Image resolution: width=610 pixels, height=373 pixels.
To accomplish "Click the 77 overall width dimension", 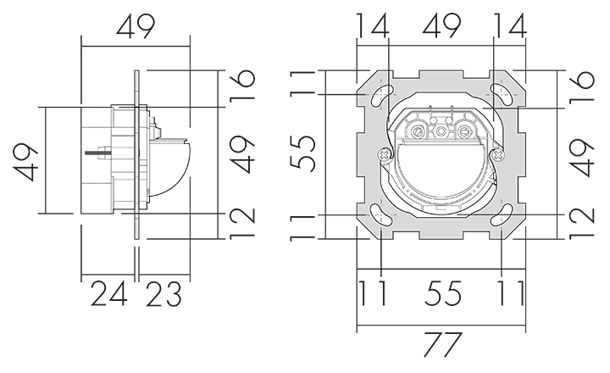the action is pos(442,344).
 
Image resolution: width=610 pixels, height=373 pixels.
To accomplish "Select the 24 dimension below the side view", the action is pos(109,293).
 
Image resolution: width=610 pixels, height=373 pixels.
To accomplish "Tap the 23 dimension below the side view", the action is pos(164,293).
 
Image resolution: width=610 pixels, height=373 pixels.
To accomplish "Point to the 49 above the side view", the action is pos(136,26).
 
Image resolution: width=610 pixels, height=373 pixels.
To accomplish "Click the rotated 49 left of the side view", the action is pos(25,162).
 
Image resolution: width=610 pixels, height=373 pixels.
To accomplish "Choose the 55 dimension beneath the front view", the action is pos(442,293).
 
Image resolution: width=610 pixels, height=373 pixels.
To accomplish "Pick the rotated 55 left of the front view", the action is pos(302,153).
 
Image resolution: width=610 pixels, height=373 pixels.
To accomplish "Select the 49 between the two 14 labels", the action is pos(441,25).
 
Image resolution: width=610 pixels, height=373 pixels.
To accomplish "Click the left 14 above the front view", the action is pos(372,25).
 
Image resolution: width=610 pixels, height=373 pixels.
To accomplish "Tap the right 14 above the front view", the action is pos(510,25).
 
